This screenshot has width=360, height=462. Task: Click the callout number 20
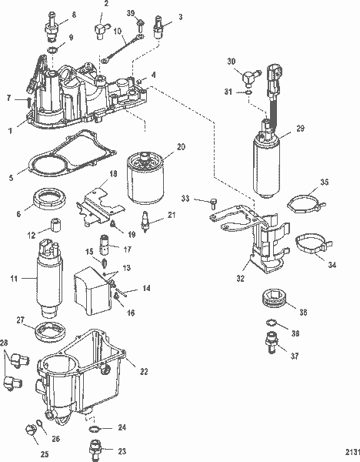click(x=182, y=146)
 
